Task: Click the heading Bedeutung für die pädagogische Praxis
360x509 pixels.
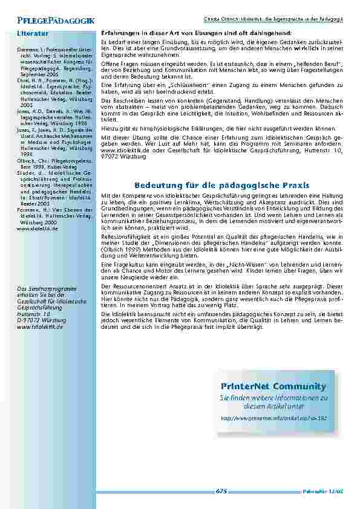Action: tap(221, 184)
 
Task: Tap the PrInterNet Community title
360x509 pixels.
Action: tap(273, 386)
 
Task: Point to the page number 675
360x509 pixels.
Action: tap(221, 491)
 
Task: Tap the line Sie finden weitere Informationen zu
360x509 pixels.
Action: tap(273, 398)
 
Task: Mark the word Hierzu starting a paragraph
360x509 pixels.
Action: tap(109, 129)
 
